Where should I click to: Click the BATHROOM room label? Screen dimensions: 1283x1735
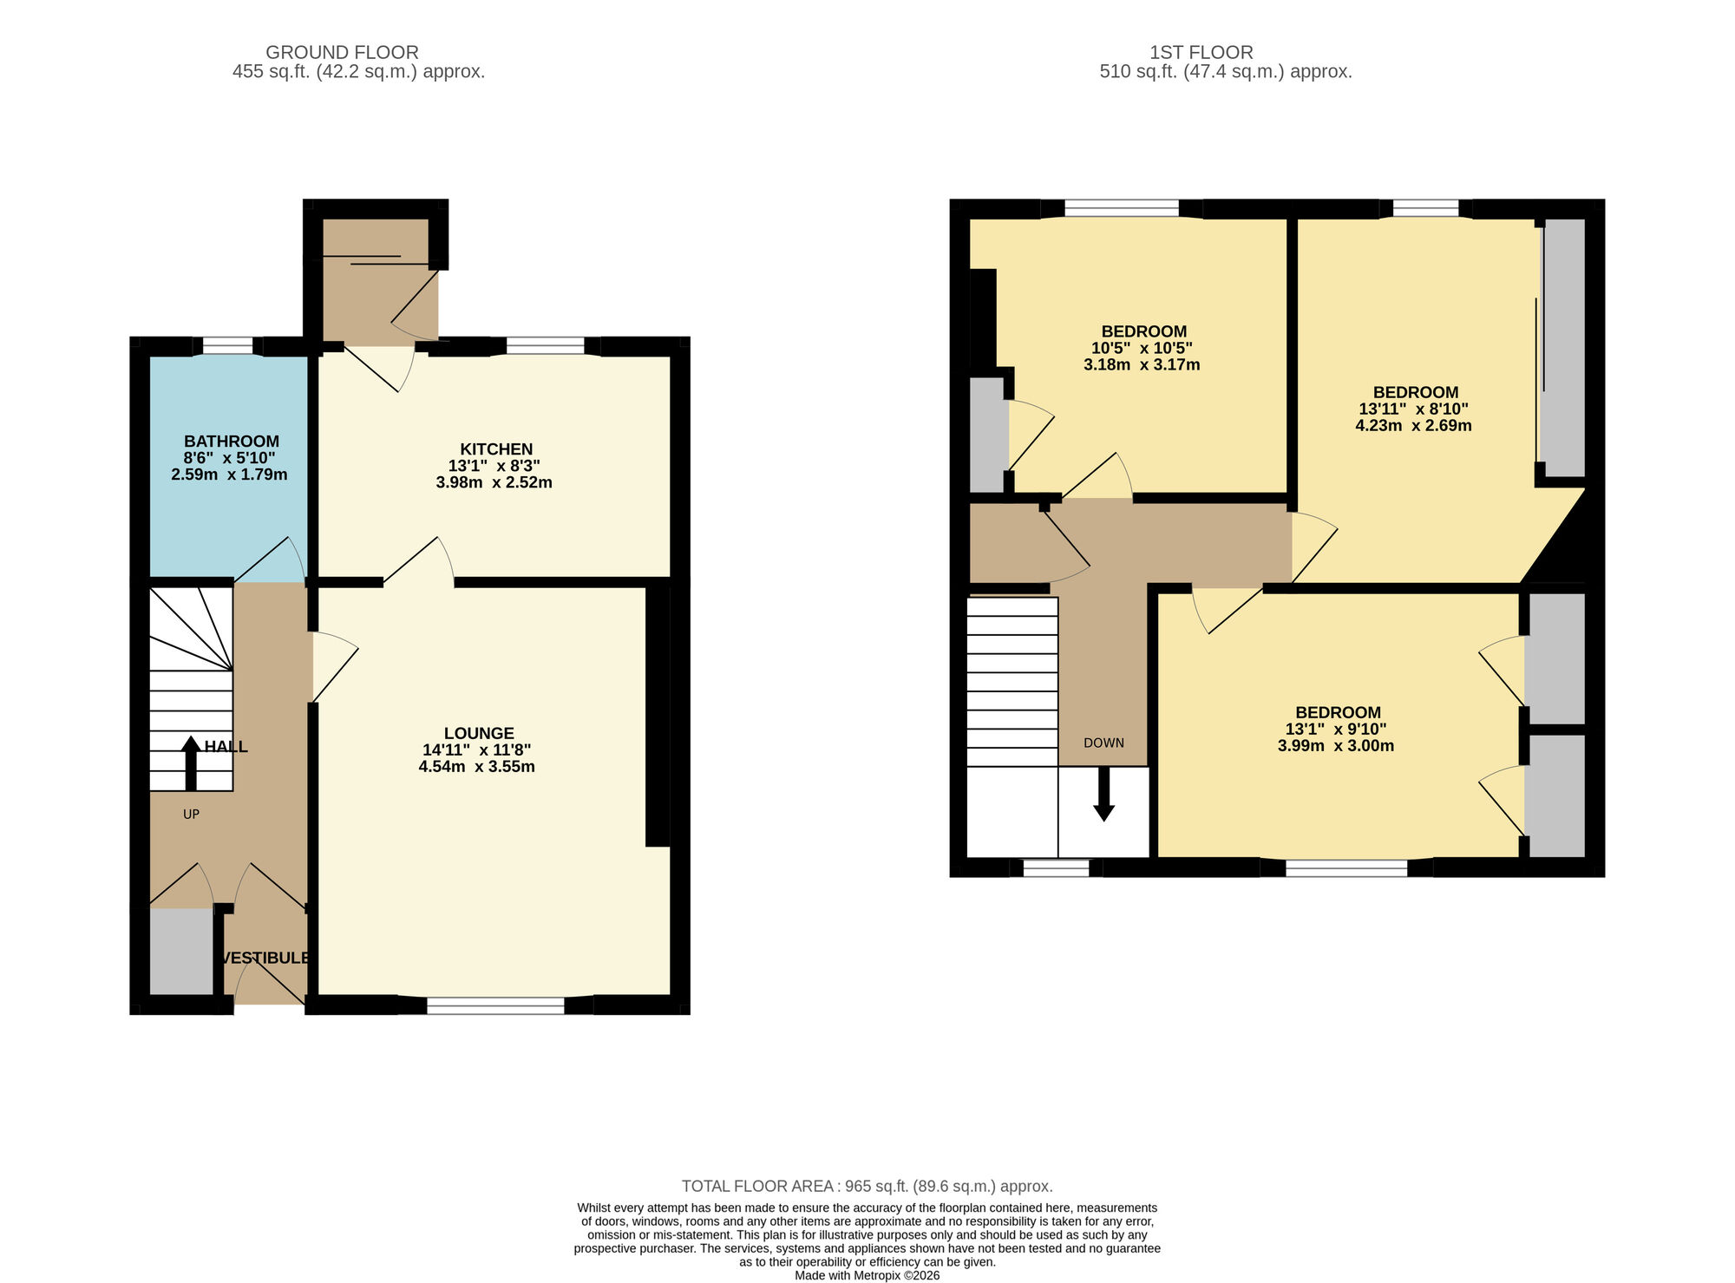coord(231,442)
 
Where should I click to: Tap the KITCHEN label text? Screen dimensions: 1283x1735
coord(495,449)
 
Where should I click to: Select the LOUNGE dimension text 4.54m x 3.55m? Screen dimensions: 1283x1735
coord(476,767)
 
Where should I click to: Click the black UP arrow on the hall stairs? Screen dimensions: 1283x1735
coord(191,763)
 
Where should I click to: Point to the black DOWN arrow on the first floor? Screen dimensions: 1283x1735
coord(1103,794)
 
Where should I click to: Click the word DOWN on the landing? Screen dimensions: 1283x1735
coord(1103,743)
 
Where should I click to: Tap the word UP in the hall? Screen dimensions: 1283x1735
coord(191,815)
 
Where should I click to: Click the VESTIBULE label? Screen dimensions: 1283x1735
coord(265,959)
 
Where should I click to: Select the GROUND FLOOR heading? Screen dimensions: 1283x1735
coord(342,53)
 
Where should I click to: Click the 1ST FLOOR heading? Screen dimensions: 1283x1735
coord(1201,53)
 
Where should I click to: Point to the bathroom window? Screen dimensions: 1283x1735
coord(227,346)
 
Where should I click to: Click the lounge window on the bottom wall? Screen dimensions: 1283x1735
coord(495,1005)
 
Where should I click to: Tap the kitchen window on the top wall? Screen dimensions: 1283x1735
coord(545,346)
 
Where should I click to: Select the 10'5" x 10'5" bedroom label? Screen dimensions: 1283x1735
coord(1142,348)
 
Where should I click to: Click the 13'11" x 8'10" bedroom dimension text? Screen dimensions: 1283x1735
coord(1413,409)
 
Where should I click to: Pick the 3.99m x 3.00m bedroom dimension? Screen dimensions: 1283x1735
coord(1336,746)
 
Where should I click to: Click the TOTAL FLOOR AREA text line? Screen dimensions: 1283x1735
coord(867,1186)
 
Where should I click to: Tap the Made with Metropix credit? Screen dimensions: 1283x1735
coord(867,1276)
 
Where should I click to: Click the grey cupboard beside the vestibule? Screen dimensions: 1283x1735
coord(181,952)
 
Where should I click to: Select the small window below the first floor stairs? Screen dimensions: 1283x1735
coord(1056,868)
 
